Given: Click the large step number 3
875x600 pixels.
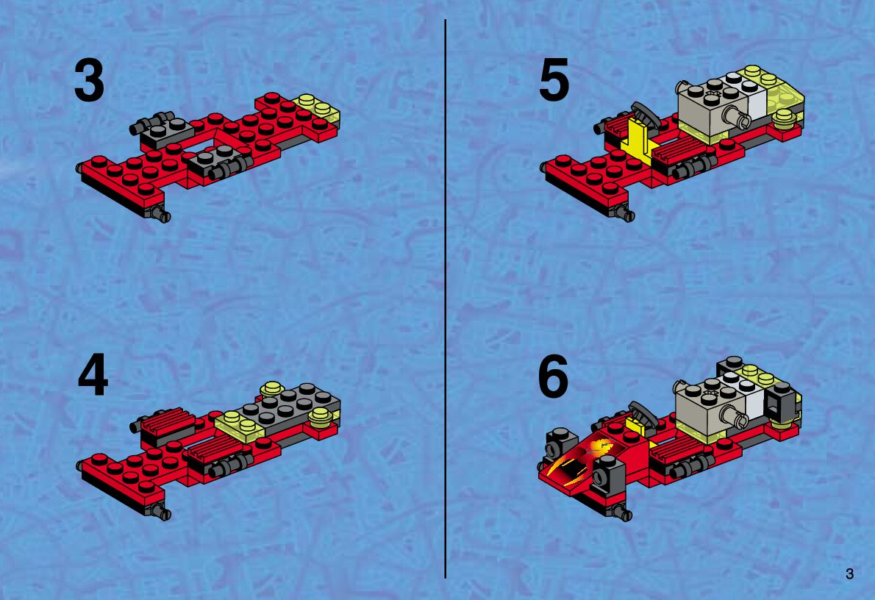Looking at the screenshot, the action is click(x=89, y=82).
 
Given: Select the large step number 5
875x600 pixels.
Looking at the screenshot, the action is click(x=554, y=80).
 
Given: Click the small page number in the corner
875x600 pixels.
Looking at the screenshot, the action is click(x=849, y=574).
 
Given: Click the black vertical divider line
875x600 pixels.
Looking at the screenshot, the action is click(x=446, y=299).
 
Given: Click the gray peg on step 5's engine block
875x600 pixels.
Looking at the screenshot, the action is click(x=733, y=117).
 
